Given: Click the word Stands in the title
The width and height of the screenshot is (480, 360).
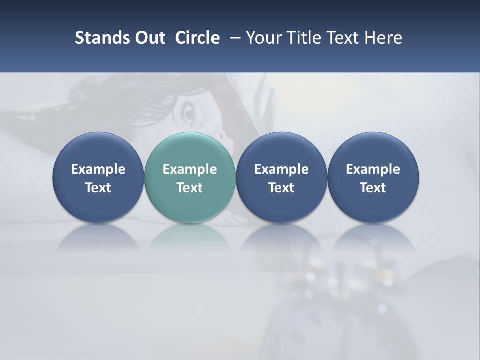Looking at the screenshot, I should tap(97, 38).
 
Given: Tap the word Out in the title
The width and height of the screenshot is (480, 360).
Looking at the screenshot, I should tap(148, 38).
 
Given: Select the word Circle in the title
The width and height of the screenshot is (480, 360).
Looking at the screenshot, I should tap(197, 38).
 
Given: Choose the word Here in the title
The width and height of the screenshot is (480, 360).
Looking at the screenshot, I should tap(384, 38).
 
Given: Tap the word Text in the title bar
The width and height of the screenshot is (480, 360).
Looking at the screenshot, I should tap(344, 38).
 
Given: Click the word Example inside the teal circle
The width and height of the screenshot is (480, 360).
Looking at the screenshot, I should tap(190, 169).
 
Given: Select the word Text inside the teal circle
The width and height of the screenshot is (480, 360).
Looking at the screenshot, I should tap(190, 188).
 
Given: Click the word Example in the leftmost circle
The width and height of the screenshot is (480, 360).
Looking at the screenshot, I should tap(98, 169).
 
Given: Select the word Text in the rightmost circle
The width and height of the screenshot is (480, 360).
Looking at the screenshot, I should tap(373, 188).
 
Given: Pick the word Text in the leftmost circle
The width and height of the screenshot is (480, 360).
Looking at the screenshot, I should tap(98, 188).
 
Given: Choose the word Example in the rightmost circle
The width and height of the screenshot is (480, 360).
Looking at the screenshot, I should tap(373, 169).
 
